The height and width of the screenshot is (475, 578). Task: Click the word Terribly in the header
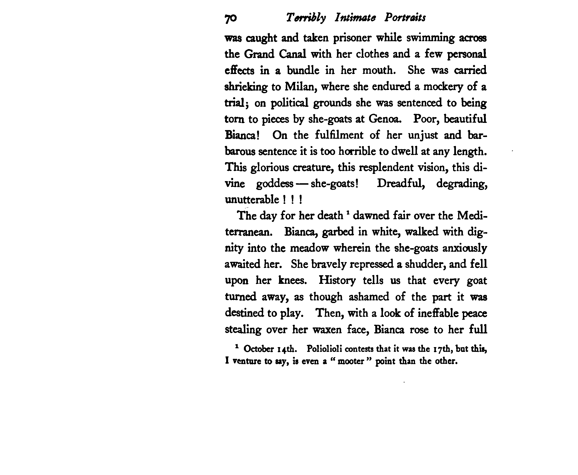[x=306, y=18]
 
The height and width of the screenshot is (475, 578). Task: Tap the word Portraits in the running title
[x=405, y=18]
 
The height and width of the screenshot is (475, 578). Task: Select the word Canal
[x=292, y=54]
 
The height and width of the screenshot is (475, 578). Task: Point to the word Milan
[x=300, y=87]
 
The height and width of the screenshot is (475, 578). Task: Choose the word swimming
[x=430, y=38]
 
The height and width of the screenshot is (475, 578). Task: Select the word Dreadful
[x=401, y=183]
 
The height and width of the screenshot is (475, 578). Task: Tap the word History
[x=337, y=280]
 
